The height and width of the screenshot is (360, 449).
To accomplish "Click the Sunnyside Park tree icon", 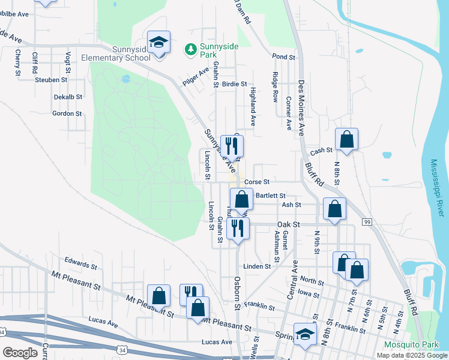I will pyautogui.click(x=191, y=48).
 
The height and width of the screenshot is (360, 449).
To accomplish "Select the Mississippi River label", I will pyautogui.click(x=436, y=188).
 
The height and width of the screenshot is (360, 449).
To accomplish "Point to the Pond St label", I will pyautogui.click(x=284, y=57).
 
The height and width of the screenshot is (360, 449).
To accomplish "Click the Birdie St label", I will pyautogui.click(x=235, y=85).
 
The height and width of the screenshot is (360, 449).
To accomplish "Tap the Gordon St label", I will pyautogui.click(x=67, y=113).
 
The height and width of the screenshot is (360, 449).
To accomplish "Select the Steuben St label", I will pyautogui.click(x=51, y=80).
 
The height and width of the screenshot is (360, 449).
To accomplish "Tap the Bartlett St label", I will pyautogui.click(x=271, y=196).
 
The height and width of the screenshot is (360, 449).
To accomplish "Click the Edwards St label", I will pyautogui.click(x=81, y=263).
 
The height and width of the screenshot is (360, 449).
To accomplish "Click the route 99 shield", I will pyautogui.click(x=366, y=222).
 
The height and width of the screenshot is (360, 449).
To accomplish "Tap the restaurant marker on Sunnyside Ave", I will pyautogui.click(x=231, y=146).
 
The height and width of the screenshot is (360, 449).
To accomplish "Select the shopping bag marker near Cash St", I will pyautogui.click(x=346, y=140).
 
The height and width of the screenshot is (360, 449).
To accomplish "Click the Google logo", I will pyautogui.click(x=20, y=352).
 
